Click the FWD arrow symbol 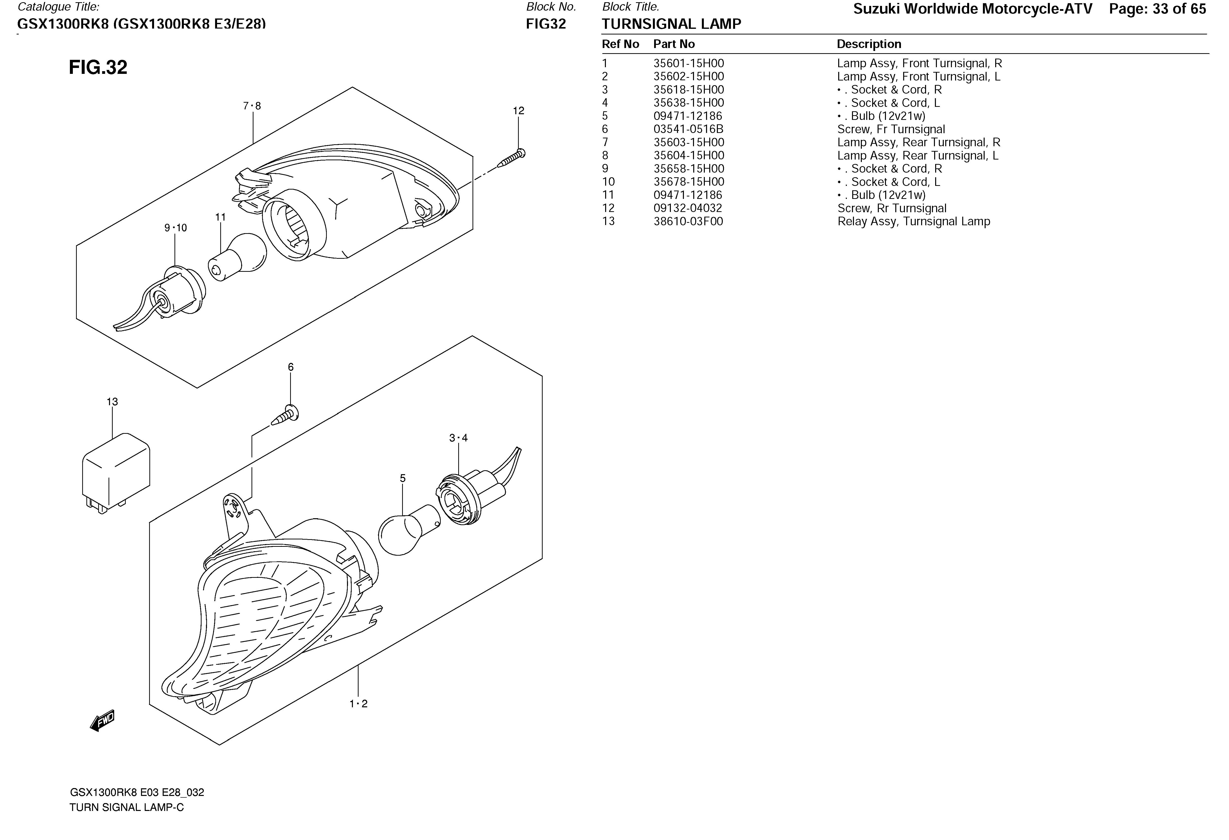[x=102, y=720]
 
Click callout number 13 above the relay [x=112, y=402]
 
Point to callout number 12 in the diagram [x=518, y=111]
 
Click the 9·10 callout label [x=175, y=228]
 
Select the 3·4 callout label [x=458, y=438]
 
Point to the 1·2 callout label [x=358, y=704]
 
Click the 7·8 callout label [x=252, y=106]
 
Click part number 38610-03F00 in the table [x=688, y=222]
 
